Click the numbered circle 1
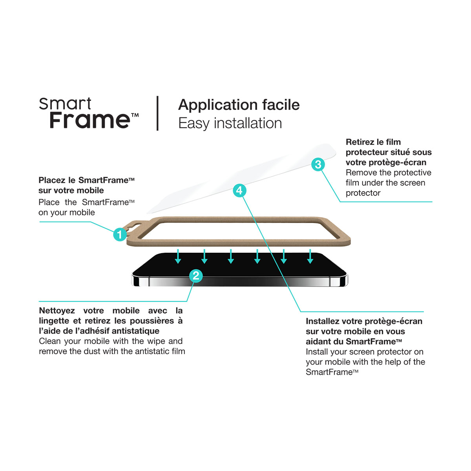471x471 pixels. pos(120,234)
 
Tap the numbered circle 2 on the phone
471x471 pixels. pos(196,276)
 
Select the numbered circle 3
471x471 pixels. pos(318,164)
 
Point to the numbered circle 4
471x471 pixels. pos(239,190)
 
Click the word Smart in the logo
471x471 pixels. pos(65,104)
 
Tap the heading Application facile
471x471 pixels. pos(239,105)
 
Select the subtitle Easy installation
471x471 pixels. pos(230,123)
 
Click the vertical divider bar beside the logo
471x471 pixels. pos(157,113)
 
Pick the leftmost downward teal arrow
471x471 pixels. pos(178,256)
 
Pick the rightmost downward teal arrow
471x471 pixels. pos(310,256)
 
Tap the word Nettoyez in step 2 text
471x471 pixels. pos(57,310)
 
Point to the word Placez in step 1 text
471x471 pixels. pos(52,180)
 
